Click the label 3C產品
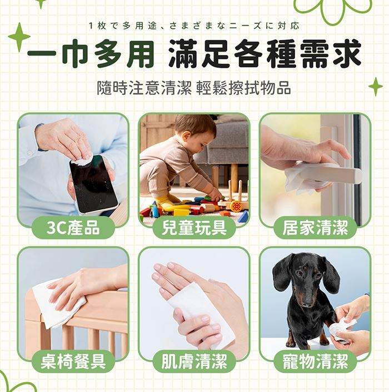click(x=73, y=228)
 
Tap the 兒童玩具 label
click(x=194, y=228)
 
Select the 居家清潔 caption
click(x=315, y=228)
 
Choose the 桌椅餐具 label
click(x=73, y=361)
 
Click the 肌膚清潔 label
click(x=194, y=361)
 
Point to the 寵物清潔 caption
click(x=315, y=361)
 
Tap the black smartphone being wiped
click(x=93, y=184)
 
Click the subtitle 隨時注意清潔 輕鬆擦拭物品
click(x=194, y=88)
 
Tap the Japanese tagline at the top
click(x=194, y=26)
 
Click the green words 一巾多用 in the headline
click(x=91, y=54)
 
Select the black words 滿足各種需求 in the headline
click(x=265, y=54)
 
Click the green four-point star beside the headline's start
click(x=19, y=37)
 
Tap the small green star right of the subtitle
click(x=376, y=87)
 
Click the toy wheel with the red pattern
click(x=236, y=207)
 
